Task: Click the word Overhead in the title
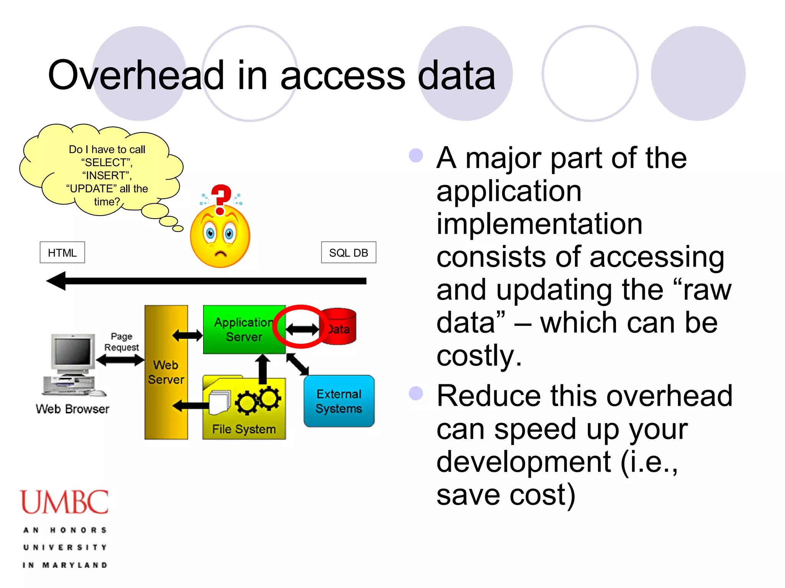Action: point(136,75)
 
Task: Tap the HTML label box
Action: point(62,253)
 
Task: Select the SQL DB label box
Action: point(348,253)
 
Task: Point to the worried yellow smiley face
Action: point(220,237)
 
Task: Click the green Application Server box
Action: point(244,330)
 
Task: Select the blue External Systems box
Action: point(339,401)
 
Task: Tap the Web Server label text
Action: point(166,372)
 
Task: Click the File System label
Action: point(244,429)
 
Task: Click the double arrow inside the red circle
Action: point(302,329)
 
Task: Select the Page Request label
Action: point(122,342)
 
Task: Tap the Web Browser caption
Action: point(72,409)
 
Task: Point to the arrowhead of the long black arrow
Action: point(56,281)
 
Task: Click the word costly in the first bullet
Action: point(479,356)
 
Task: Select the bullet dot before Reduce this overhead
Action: point(416,394)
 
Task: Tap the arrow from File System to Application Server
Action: point(263,368)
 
